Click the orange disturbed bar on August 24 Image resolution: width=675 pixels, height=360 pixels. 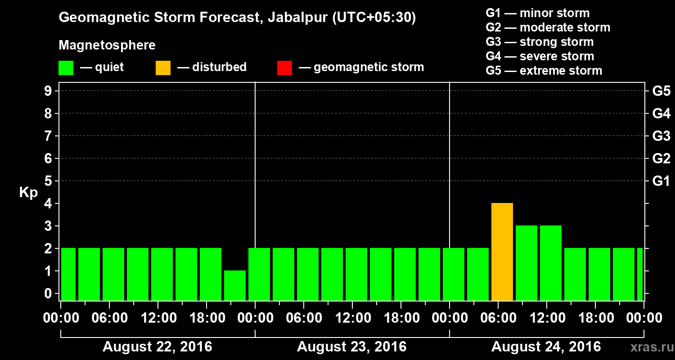pos(502,252)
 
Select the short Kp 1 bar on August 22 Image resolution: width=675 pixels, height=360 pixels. pos(235,285)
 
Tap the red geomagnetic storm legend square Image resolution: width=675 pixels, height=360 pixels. pos(284,67)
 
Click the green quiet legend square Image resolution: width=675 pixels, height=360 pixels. pos(66,67)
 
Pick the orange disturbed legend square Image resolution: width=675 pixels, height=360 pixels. pos(163,67)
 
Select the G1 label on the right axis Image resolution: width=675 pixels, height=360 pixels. pos(661,181)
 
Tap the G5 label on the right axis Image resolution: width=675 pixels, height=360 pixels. pos(661,91)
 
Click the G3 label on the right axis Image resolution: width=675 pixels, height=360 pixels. pos(661,136)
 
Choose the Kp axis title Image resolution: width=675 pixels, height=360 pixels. pos(28,193)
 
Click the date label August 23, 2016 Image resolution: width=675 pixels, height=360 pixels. pos(351,347)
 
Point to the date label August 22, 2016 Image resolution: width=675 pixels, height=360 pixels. pos(157,347)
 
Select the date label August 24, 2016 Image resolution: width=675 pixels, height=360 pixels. pos(546,347)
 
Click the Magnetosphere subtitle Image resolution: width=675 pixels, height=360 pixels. pos(107,45)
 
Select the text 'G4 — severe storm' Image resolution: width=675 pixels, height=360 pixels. pos(540,56)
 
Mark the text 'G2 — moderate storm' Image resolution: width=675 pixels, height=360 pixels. pos(548,27)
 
